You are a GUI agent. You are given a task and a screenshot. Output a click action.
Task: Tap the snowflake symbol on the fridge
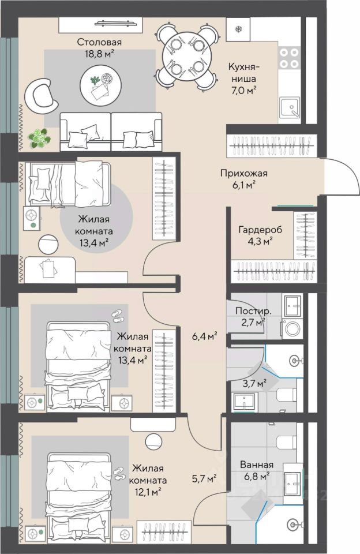tap(238, 28)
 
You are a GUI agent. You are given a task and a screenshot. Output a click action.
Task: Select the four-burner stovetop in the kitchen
tap(290, 58)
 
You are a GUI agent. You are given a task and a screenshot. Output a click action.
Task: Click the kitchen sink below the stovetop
tap(290, 107)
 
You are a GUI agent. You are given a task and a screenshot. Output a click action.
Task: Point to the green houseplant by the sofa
tap(40, 138)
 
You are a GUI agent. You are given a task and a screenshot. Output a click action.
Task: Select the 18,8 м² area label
tap(99, 54)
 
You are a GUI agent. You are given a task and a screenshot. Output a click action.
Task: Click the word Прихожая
tap(244, 174)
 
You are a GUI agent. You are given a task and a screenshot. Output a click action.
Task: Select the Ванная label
tap(257, 465)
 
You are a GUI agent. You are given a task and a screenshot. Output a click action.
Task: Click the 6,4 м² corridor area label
tap(204, 336)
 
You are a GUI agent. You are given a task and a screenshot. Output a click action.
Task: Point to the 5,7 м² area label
tap(204, 478)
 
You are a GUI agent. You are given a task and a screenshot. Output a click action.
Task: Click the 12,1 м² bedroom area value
tap(147, 491)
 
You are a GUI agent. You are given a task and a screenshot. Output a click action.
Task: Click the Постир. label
tap(253, 311)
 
